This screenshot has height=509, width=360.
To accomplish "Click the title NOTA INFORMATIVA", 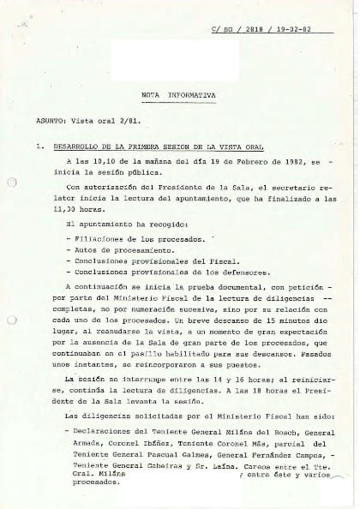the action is click(x=178, y=95).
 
